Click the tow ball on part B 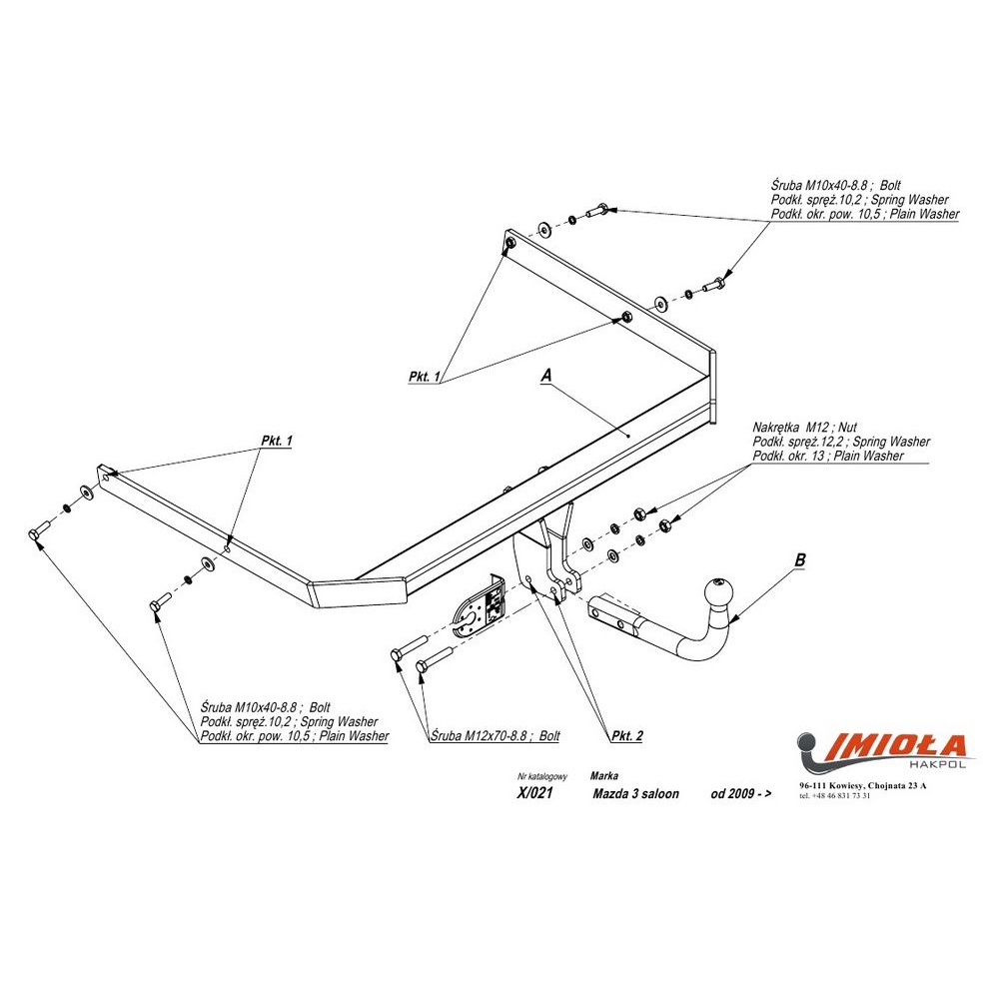720,592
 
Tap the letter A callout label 545,375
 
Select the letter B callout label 798,561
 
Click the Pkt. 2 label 625,736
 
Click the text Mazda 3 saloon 635,794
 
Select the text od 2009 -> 740,794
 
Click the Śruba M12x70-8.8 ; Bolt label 497,736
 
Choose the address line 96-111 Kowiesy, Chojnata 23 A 862,786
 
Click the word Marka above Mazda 603,775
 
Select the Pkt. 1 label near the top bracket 425,377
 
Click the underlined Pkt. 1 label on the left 276,441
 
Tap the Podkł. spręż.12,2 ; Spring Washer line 841,442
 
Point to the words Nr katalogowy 542,776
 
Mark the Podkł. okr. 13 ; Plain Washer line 828,457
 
